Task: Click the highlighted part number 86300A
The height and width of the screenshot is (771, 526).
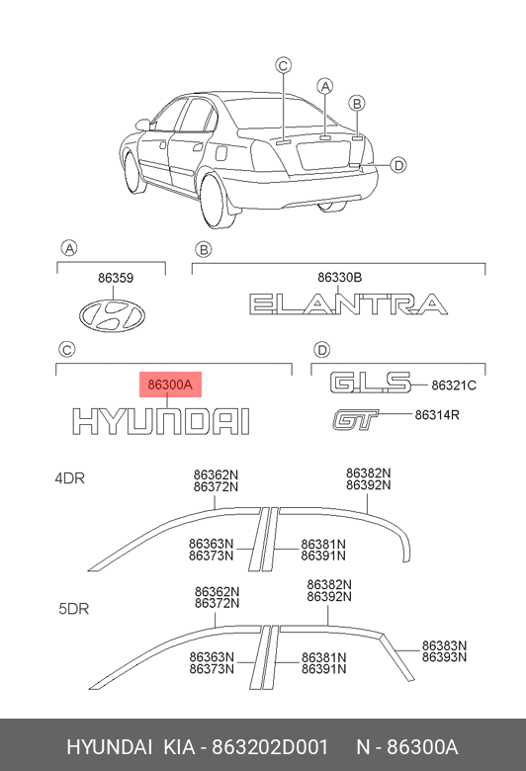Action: coord(170,385)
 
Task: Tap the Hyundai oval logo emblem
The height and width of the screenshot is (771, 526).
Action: coord(112,315)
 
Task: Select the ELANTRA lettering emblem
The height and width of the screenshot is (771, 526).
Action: coord(348,303)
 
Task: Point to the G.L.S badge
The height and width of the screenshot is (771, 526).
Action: coord(370,383)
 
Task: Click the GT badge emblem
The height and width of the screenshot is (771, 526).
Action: coord(355,420)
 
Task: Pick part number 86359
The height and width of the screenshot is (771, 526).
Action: coord(116,279)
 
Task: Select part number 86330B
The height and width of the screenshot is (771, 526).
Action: coord(339,278)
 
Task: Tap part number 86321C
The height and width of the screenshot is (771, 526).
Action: coord(454,385)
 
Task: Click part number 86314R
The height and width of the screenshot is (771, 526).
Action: coord(437,415)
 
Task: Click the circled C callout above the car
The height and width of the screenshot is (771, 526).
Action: coord(284,65)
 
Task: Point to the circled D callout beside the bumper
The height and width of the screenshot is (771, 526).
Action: coord(398,165)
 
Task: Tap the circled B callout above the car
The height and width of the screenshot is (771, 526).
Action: coord(357,103)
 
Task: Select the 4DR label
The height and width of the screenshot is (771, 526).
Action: coord(70,478)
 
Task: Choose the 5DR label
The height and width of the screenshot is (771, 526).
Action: coord(74,609)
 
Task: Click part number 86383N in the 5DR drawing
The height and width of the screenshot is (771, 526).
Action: coord(444,645)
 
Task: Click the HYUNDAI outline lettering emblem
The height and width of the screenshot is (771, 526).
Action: coord(161,421)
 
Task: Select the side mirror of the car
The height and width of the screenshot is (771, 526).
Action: coord(143,125)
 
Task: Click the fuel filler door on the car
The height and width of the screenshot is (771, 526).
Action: coord(221,151)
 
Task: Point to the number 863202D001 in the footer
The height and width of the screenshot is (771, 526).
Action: coord(270,747)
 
